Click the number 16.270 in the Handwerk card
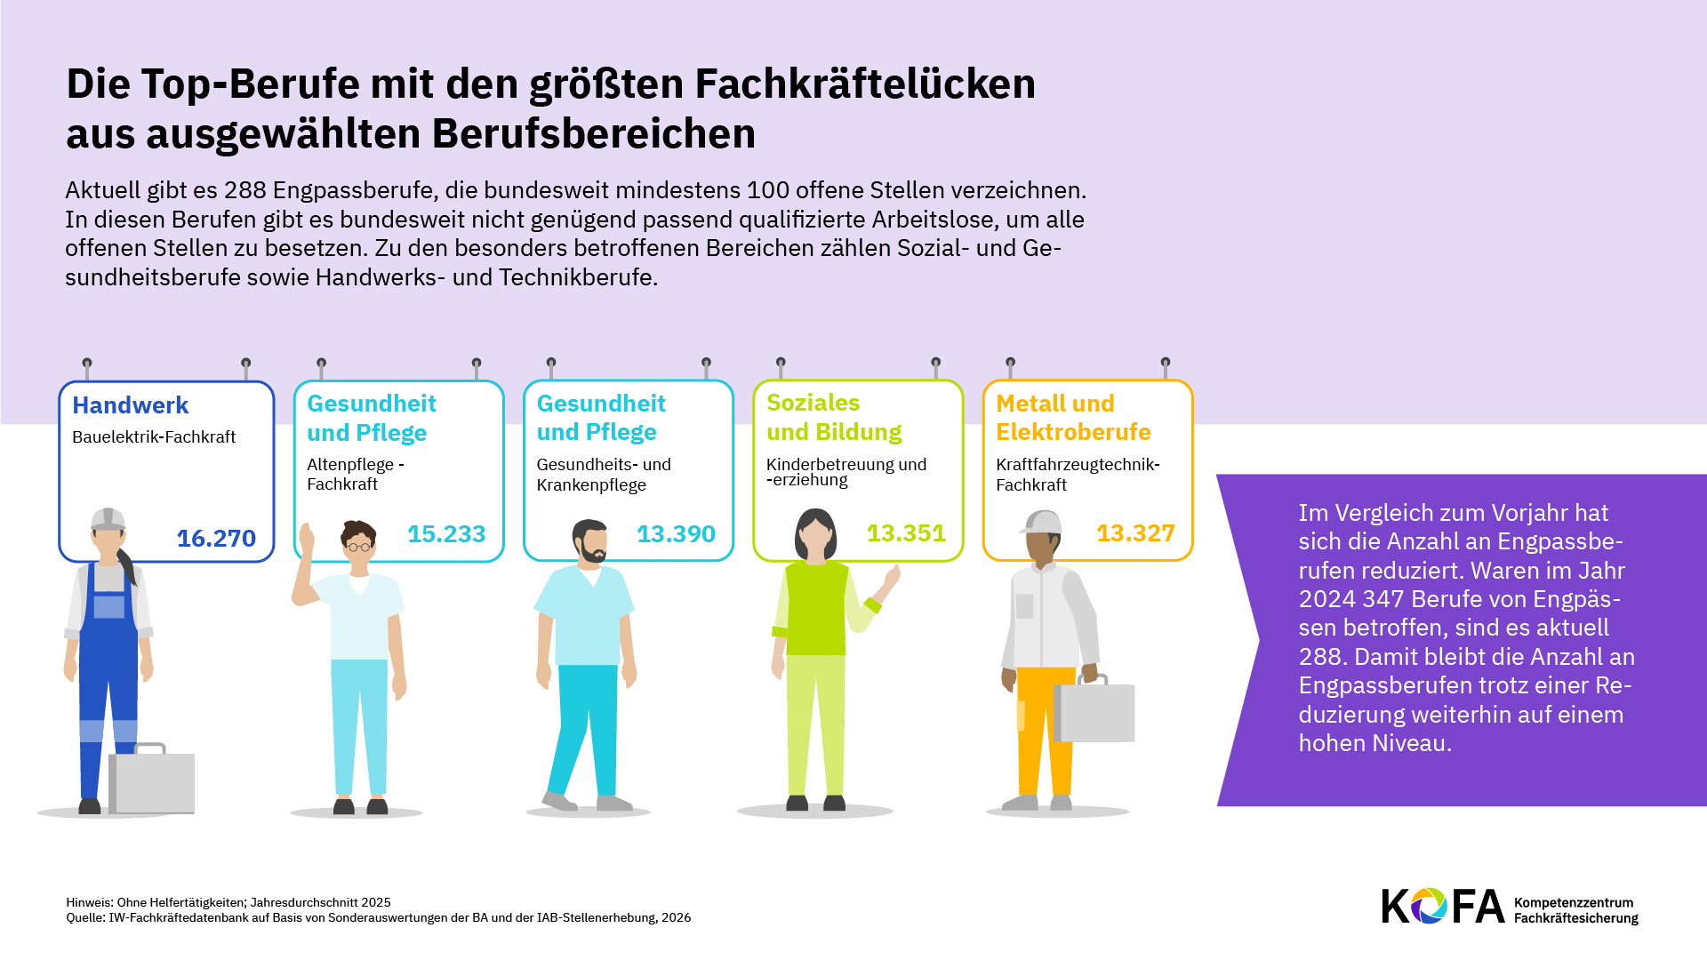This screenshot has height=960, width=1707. [216, 539]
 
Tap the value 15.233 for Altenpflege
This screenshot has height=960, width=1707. [446, 534]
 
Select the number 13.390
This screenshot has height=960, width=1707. [676, 534]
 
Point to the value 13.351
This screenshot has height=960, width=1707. [906, 533]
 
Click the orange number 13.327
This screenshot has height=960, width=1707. [1135, 533]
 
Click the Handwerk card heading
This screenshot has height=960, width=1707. [131, 405]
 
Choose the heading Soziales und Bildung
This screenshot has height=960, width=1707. [834, 418]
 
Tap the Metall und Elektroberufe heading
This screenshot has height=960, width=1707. [1073, 418]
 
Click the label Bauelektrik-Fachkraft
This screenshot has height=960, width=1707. [154, 437]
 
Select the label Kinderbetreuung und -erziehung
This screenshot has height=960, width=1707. [845, 472]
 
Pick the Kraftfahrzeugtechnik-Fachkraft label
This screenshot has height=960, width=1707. [1078, 475]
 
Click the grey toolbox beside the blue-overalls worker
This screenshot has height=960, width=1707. [152, 780]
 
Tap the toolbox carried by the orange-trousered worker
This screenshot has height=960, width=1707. [1094, 711]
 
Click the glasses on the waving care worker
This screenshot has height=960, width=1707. [358, 546]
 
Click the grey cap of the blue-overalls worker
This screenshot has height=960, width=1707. [108, 518]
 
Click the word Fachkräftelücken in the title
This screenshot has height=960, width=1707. [865, 84]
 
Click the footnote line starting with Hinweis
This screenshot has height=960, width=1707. [228, 902]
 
